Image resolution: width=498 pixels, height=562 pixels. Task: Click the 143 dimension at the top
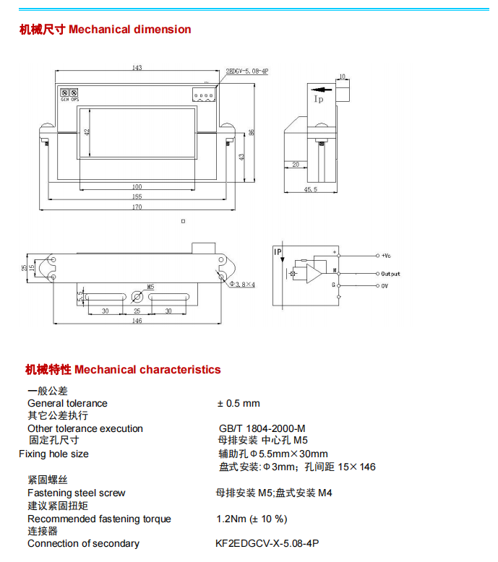(x=137, y=68)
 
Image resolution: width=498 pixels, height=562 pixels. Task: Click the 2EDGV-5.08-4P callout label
(x=248, y=72)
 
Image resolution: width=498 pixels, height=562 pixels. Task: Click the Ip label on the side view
(x=319, y=99)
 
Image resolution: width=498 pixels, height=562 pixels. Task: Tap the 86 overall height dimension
(x=252, y=132)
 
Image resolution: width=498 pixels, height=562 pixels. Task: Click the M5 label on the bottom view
(x=150, y=287)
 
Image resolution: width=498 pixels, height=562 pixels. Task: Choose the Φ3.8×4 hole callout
(x=242, y=285)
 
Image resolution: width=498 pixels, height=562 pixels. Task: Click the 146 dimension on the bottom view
(x=137, y=320)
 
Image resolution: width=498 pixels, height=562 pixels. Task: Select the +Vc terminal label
(x=386, y=256)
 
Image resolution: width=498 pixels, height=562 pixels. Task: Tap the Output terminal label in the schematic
(x=390, y=274)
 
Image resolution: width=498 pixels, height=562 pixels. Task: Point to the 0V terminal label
(x=385, y=286)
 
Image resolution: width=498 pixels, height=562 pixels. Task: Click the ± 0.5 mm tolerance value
(x=239, y=403)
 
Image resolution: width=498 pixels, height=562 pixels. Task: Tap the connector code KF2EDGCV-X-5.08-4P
(x=267, y=543)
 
